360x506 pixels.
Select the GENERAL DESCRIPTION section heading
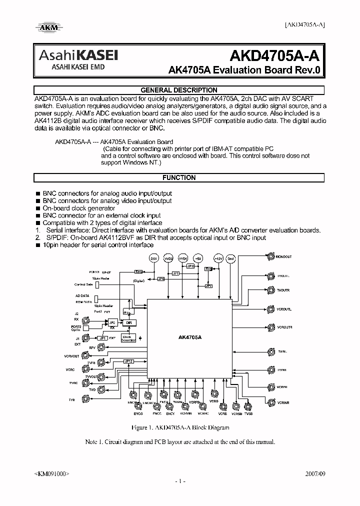[x=179, y=90]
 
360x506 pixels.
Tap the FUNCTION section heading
[x=179, y=177]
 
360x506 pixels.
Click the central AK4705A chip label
[x=189, y=338]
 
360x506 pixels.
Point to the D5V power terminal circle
[x=154, y=258]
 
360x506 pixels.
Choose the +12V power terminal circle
[x=218, y=258]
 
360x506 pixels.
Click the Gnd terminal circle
[x=230, y=258]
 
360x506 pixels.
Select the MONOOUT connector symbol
[x=270, y=257]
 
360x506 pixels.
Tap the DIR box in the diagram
[x=128, y=323]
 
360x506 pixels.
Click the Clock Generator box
[x=128, y=338]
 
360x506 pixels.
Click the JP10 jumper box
[x=190, y=267]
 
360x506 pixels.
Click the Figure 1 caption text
[x=179, y=428]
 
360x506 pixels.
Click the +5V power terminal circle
[x=198, y=258]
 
